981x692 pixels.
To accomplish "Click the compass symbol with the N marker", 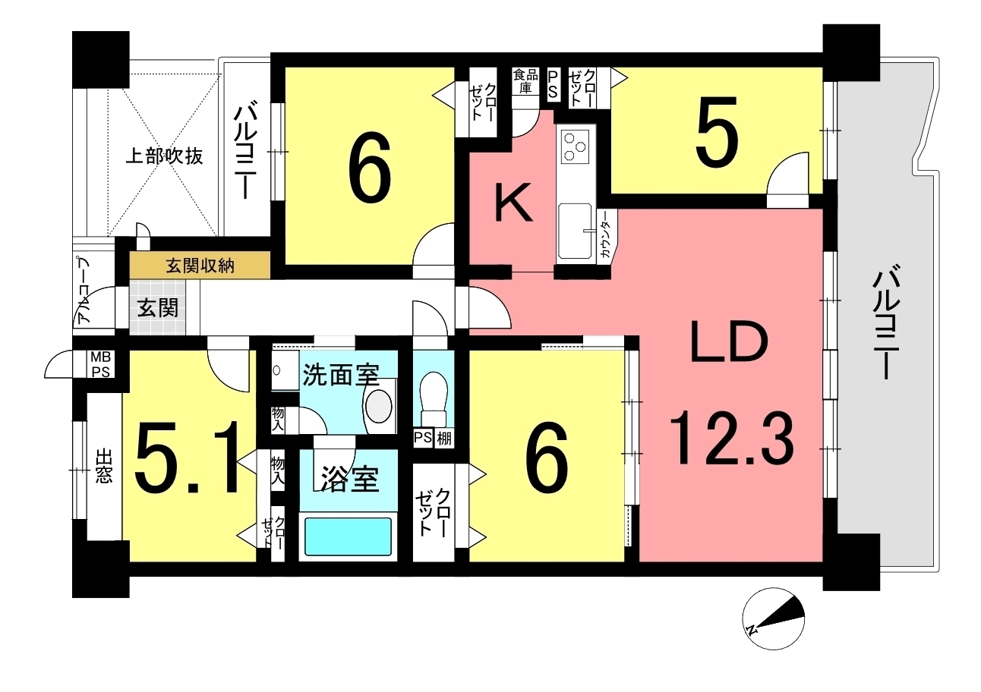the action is coord(773,619).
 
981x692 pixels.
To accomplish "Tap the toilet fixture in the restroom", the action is coord(433,399).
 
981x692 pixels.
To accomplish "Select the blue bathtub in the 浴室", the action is coord(348,536).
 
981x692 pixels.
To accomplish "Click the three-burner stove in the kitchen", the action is coord(575,146).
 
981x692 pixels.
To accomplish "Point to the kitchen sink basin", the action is coord(575,231).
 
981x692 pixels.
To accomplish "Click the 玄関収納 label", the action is coord(200,266).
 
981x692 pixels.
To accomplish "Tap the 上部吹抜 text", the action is coord(164,156).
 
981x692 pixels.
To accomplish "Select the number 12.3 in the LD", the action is coord(730,439).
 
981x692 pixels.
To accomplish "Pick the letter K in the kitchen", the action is coord(513,203).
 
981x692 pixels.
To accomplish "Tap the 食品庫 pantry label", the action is coord(525,81).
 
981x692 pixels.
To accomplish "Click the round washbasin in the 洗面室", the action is coord(378,406).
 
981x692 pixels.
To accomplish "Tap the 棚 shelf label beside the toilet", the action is coord(444,439).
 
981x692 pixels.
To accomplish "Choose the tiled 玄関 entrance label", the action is coord(158,308).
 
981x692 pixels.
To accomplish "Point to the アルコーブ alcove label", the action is coord(84,291).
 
